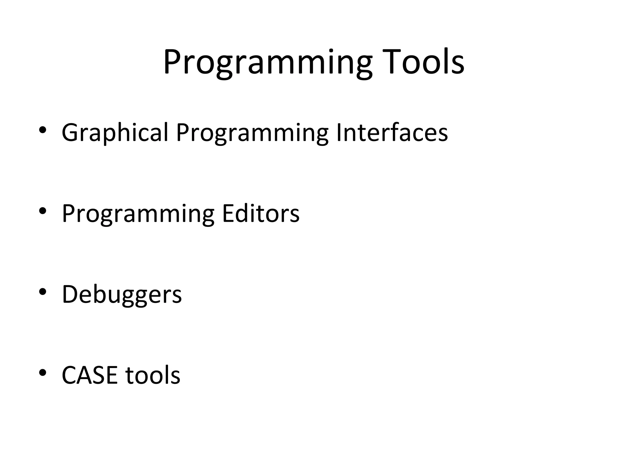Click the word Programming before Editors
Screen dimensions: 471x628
(x=138, y=214)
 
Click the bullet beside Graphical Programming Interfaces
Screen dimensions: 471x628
(x=43, y=130)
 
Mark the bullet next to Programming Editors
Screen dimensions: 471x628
(x=43, y=211)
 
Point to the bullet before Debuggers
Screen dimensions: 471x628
(x=43, y=291)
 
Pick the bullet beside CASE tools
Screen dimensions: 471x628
(x=43, y=372)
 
